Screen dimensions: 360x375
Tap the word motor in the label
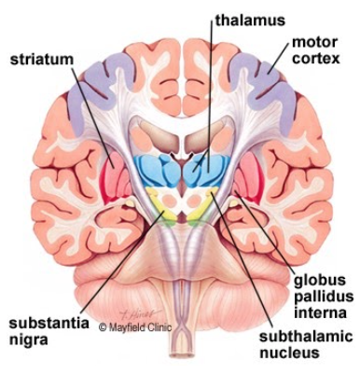314,43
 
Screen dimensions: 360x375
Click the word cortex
316,60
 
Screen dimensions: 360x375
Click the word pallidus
318,296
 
